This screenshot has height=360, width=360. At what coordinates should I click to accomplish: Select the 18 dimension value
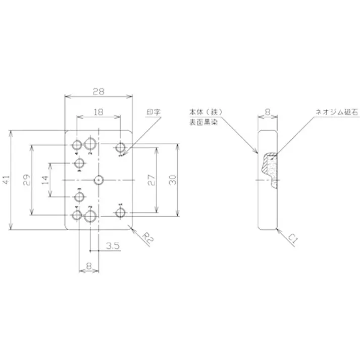coord(98,111)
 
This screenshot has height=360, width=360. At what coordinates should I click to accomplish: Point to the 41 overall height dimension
coord(6,180)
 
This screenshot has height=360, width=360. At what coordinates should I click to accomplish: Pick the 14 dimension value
coord(45,180)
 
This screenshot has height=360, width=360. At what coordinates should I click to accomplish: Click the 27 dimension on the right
coord(151,180)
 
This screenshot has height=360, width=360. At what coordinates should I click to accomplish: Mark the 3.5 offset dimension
coord(113,246)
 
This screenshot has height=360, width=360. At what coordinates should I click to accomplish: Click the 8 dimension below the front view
coord(89,264)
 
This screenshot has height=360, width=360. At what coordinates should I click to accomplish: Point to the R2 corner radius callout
coord(146,238)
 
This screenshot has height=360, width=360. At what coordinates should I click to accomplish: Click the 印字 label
coord(153,113)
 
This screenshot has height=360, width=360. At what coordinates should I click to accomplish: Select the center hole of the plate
coord(99,180)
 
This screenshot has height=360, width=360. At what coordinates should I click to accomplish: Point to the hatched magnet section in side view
coord(270,169)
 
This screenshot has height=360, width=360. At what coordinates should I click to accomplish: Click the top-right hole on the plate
coord(120,147)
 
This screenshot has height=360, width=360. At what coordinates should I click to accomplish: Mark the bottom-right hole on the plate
coord(120,213)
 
